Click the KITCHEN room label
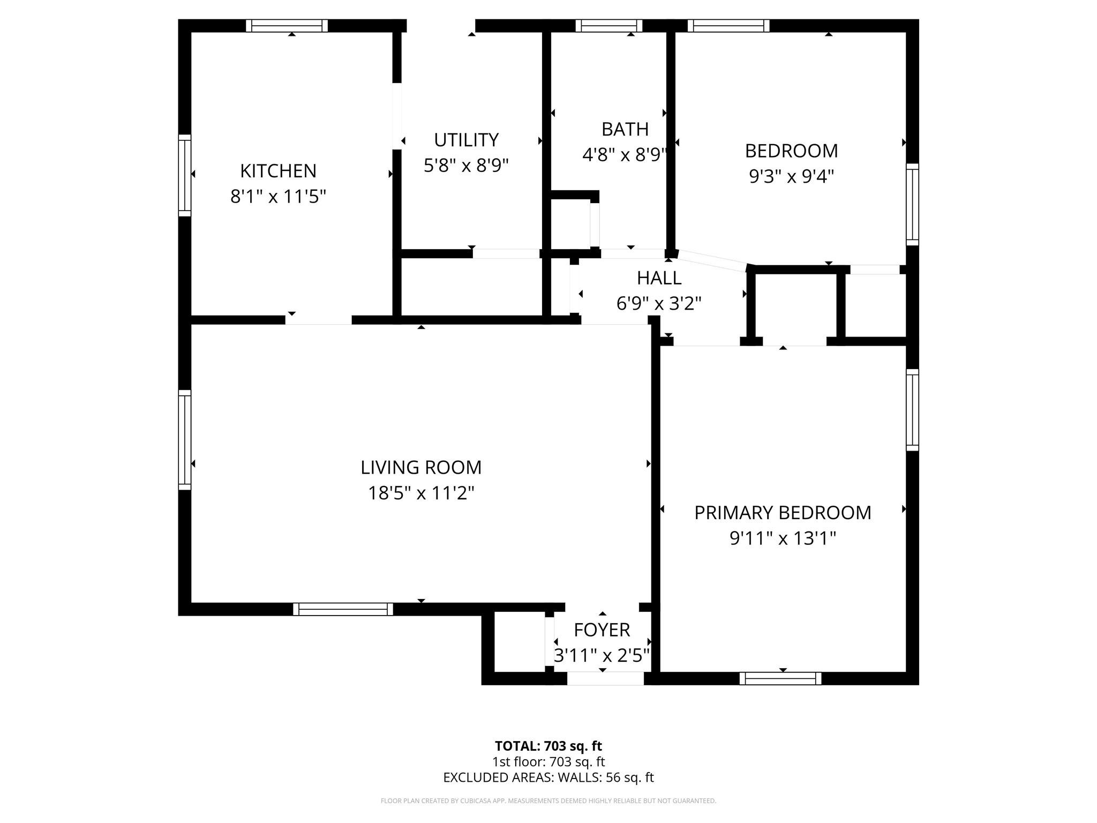(278, 171)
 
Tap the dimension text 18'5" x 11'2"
(421, 493)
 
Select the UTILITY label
(466, 140)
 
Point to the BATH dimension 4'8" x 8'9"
(625, 155)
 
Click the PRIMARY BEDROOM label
(783, 513)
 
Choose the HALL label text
(659, 278)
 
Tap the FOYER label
(602, 630)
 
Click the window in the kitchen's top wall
(287, 26)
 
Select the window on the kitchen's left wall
(184, 175)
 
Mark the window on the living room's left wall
(184, 440)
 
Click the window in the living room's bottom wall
(343, 609)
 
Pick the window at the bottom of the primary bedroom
(780, 678)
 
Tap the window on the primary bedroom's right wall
(912, 410)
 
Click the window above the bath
(609, 26)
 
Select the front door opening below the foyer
(605, 678)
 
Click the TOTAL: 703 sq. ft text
(548, 746)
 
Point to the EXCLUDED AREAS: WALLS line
(548, 777)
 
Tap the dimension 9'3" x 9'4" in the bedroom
(791, 176)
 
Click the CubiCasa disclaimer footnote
(548, 801)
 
